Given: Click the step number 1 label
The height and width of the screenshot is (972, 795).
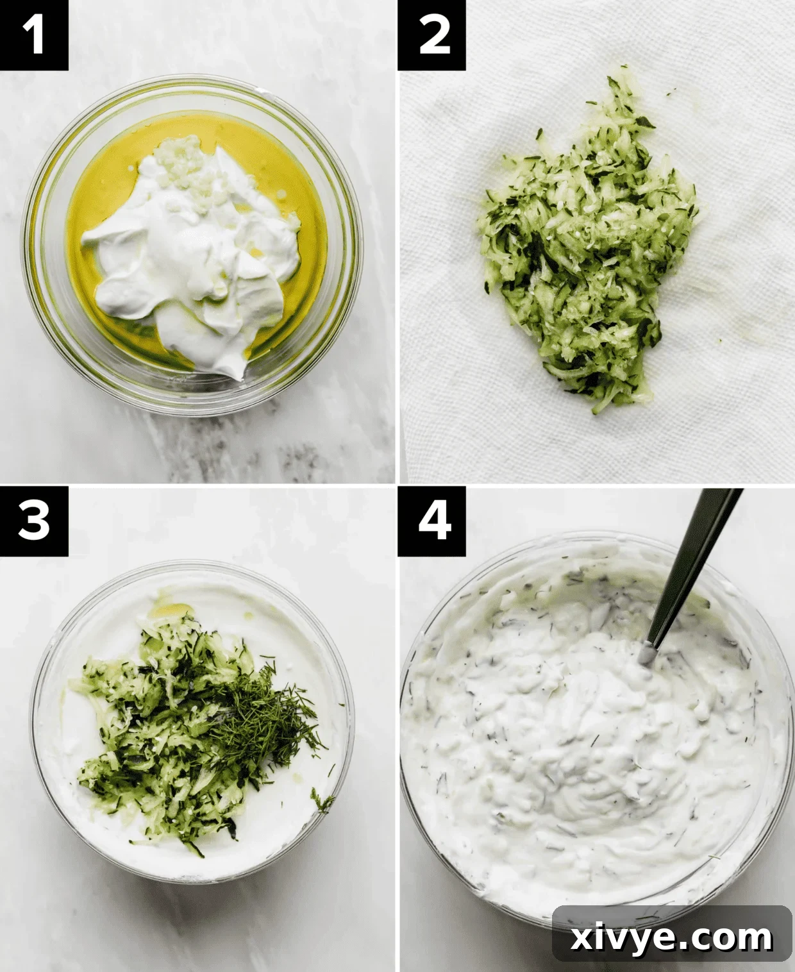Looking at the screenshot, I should coord(33,35).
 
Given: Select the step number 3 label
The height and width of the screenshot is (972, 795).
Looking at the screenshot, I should coord(33,520).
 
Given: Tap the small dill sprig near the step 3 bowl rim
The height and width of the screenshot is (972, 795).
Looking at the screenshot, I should coord(322,800).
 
